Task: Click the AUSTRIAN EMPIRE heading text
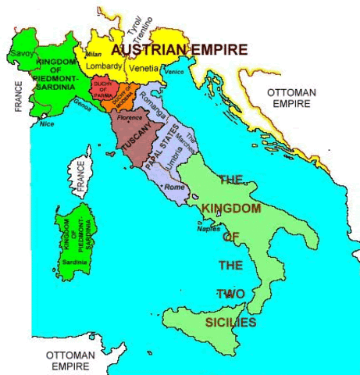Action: (x=180, y=50)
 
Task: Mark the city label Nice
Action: (x=48, y=123)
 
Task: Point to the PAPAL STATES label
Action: (x=166, y=145)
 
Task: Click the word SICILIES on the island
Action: (x=230, y=320)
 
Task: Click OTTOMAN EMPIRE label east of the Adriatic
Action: (x=291, y=98)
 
